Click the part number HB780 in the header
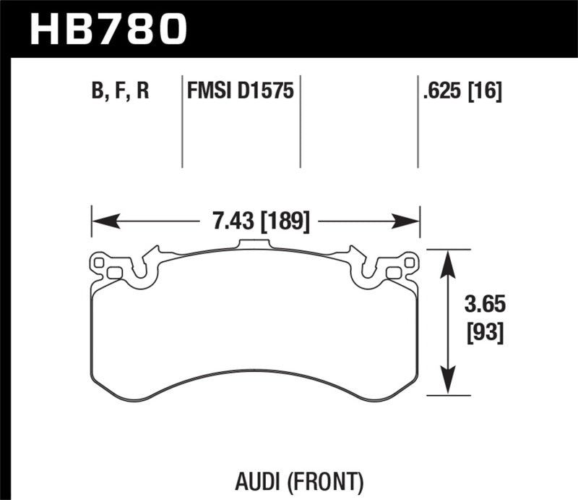[x=108, y=29]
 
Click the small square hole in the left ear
[x=113, y=272]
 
